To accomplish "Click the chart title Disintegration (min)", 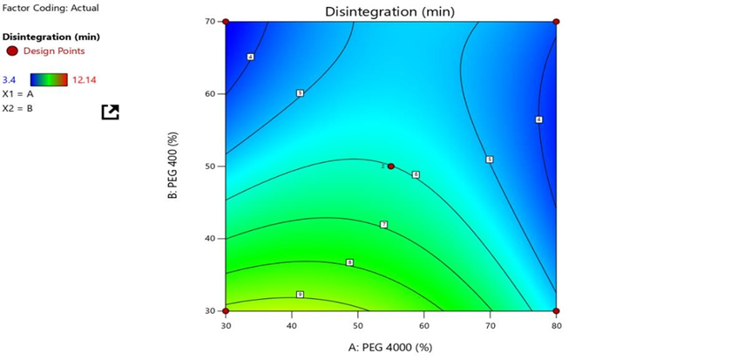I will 389,11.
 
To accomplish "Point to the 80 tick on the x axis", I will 555,325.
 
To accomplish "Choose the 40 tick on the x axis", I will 291,325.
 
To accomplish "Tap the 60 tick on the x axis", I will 423,325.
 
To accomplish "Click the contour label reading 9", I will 300,295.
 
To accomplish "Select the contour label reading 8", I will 349,262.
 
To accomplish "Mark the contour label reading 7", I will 383,225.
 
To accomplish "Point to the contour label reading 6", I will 416,175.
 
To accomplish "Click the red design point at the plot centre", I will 390,166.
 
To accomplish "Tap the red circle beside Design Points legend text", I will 12,51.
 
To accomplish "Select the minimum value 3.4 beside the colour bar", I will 10,79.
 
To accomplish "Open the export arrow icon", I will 110,112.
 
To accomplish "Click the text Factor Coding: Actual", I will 51,8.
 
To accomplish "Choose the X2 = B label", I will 17,108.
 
